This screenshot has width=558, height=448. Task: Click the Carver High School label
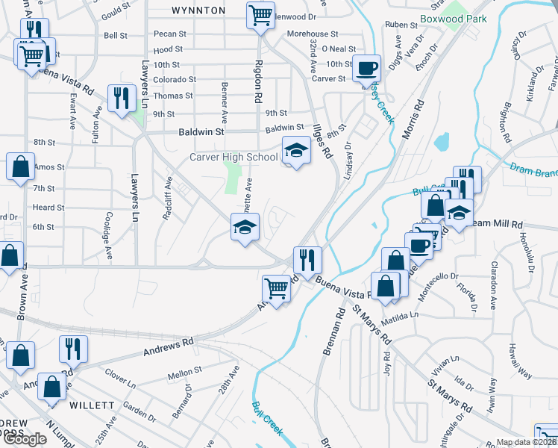pos(233,157)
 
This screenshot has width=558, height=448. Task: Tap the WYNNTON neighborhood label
pos(198,10)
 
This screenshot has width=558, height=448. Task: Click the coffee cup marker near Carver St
pos(366,69)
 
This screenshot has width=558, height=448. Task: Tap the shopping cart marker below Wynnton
pos(260,15)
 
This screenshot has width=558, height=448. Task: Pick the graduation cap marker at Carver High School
pos(296,151)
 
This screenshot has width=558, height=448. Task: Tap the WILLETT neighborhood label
pos(92,405)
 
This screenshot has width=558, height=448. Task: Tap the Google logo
pos(25,439)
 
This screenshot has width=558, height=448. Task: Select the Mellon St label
pos(185,370)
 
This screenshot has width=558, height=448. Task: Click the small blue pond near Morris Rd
pos(442,141)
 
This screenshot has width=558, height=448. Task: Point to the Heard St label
pos(48,208)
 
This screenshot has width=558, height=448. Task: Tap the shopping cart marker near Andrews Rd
pos(277,288)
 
